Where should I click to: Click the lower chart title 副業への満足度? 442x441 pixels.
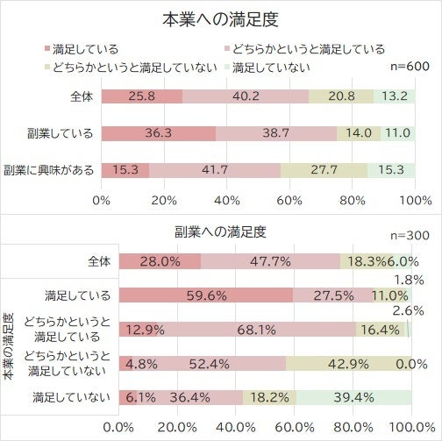click(x=220, y=233)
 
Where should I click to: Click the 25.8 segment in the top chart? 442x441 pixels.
click(x=141, y=96)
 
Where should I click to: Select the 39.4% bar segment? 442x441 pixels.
click(x=353, y=397)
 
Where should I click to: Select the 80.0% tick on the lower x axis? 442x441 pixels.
click(x=351, y=428)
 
